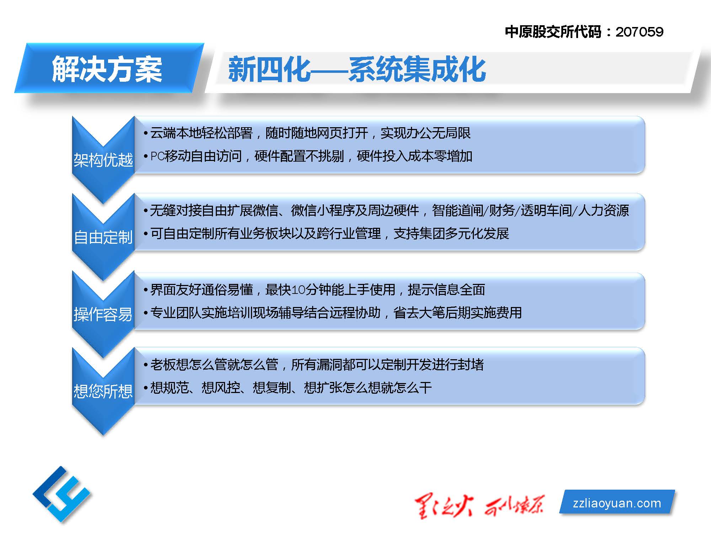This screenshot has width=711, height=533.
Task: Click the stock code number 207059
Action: (640, 32)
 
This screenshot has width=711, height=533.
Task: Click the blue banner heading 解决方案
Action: (107, 69)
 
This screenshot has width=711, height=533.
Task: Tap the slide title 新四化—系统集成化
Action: (357, 69)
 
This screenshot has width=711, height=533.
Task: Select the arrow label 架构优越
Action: (103, 160)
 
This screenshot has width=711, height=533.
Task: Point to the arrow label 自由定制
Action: (103, 237)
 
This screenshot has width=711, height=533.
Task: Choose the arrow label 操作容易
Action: (103, 314)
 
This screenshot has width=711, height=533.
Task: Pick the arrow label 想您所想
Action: (103, 391)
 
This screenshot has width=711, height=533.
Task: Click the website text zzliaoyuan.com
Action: (617, 503)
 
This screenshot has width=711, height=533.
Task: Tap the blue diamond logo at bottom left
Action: (62, 494)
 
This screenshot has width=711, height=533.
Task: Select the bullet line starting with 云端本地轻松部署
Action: (307, 133)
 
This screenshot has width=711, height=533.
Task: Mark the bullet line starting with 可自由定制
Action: (326, 233)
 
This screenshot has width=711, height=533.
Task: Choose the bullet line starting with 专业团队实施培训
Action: (333, 313)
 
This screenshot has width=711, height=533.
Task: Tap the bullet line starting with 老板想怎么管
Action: (314, 365)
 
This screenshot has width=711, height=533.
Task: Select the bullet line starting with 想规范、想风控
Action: (288, 388)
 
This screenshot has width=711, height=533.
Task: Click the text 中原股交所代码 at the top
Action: (553, 32)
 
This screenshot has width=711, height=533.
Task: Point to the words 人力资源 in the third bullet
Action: (604, 210)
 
